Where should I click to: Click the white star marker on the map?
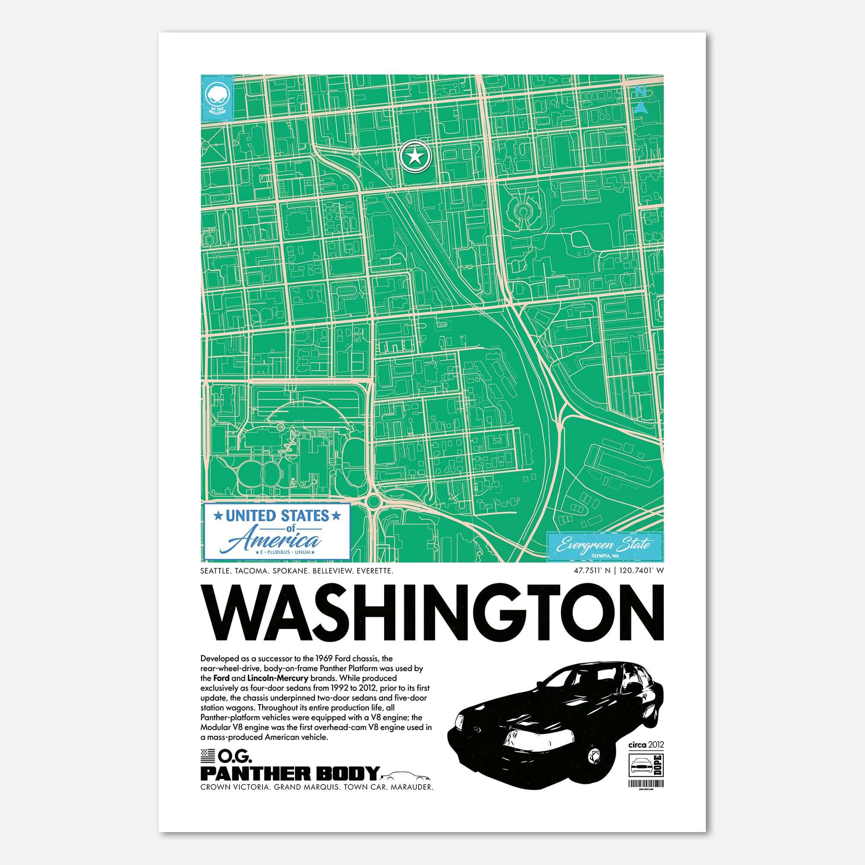click(415, 157)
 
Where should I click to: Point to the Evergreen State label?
click(605, 546)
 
